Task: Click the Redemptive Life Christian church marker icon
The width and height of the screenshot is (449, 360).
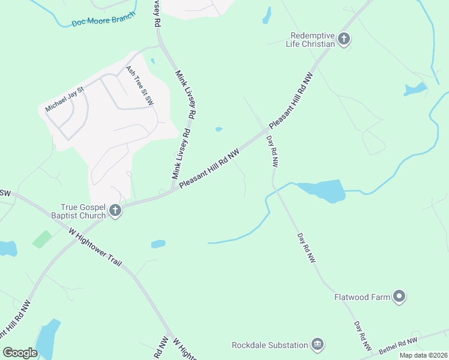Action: tap(344, 40)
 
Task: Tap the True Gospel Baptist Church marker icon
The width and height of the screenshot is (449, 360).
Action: tap(115, 211)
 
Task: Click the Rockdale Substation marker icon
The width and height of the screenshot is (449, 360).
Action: tap(318, 344)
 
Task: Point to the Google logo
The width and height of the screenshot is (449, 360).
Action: tap(20, 353)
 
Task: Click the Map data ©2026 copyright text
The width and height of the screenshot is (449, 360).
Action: tap(423, 355)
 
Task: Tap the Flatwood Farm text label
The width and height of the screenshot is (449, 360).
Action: tap(361, 296)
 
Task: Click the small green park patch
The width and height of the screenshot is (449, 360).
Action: tap(41, 239)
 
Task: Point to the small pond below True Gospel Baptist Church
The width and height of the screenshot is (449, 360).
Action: tap(158, 244)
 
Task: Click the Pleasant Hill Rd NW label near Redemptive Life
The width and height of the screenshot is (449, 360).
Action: tap(291, 101)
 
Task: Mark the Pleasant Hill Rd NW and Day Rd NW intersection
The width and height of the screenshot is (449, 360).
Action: tap(266, 131)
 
